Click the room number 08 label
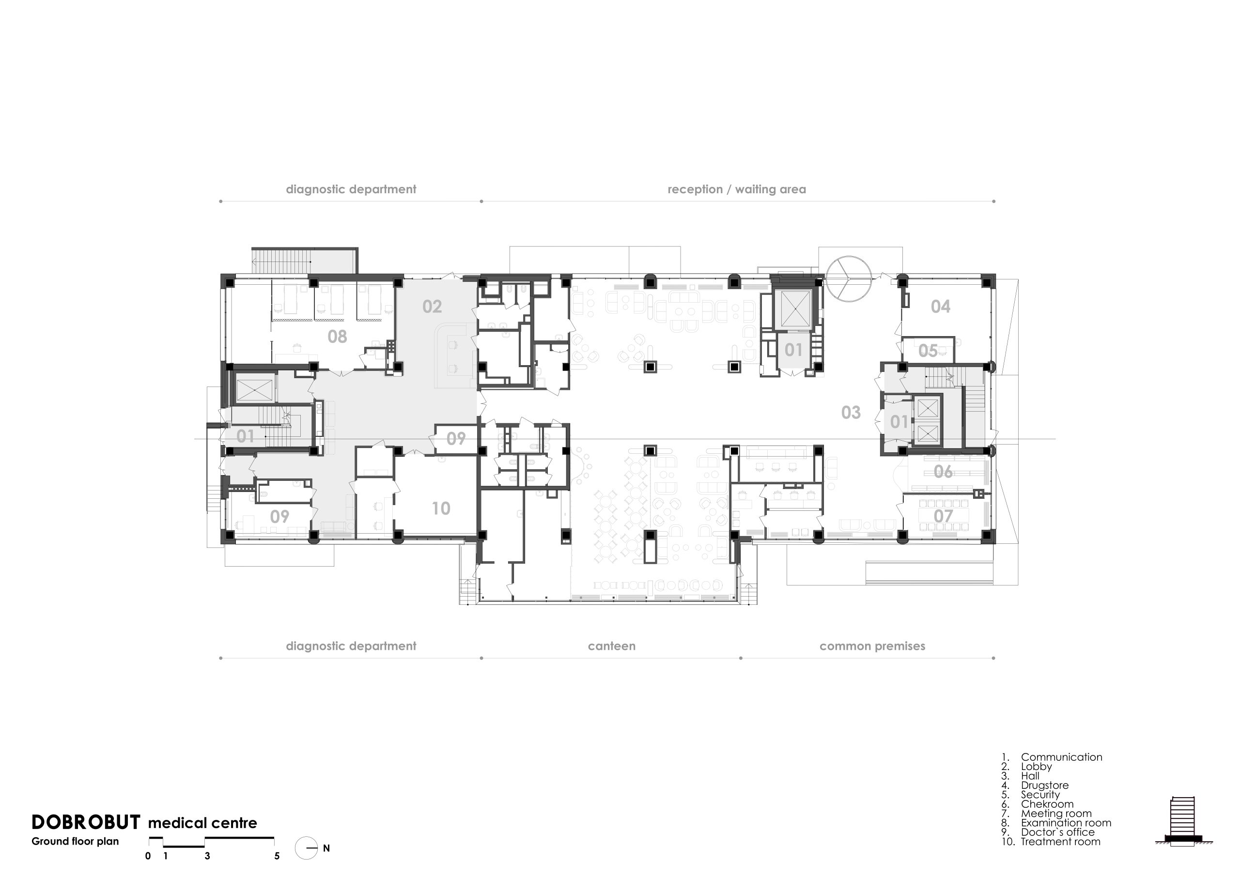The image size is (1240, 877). click(337, 337)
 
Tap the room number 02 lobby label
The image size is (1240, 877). click(432, 307)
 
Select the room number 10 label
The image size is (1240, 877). click(441, 508)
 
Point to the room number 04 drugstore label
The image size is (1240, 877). click(940, 307)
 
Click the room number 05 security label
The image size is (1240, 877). click(928, 351)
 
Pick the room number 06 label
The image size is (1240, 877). click(943, 472)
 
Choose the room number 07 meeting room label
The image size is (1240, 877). click(943, 516)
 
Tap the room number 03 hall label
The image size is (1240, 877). click(851, 413)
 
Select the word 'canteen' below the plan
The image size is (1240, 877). click(611, 646)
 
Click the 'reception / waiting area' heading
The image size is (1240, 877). click(737, 189)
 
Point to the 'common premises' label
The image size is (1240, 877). click(872, 646)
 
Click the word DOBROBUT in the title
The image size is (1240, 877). click(86, 822)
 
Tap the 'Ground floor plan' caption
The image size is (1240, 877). click(75, 841)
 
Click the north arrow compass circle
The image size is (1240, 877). click(306, 848)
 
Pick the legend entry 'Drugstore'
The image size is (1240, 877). click(1044, 785)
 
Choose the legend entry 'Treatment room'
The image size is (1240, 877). click(1060, 841)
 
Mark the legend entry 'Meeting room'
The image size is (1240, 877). click(1056, 813)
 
